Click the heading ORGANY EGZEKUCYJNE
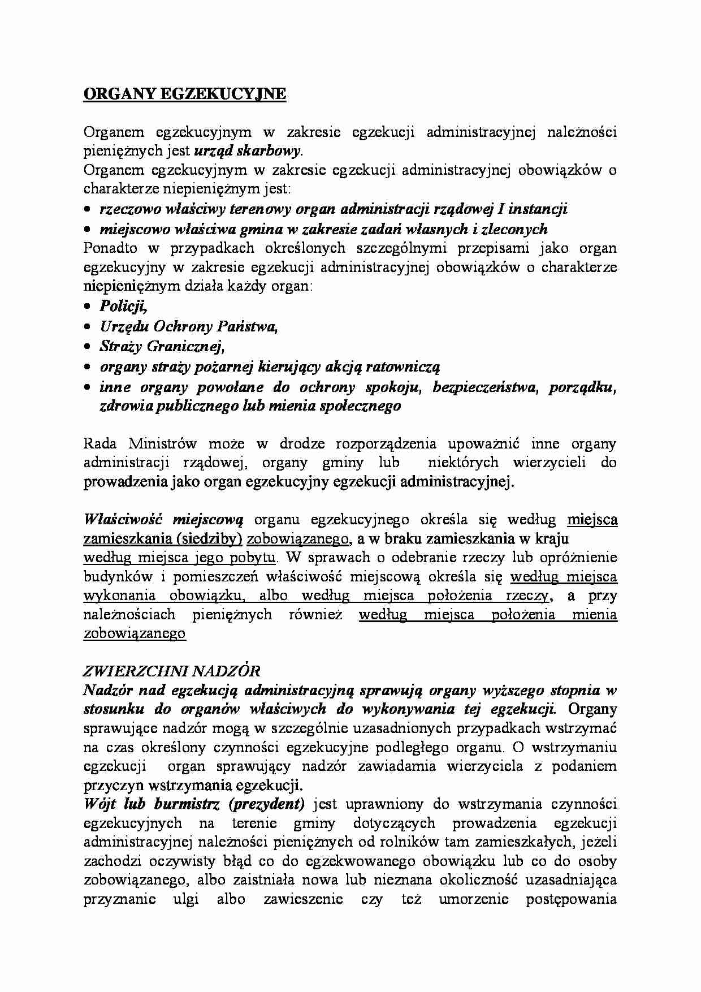(185, 94)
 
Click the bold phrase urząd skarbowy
(248, 150)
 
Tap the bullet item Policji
(123, 306)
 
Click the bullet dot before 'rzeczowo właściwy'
(88, 209)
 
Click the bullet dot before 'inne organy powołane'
(88, 387)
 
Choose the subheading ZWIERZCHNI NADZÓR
(172, 671)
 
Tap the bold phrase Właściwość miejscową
(163, 519)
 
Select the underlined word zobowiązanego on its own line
(135, 633)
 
